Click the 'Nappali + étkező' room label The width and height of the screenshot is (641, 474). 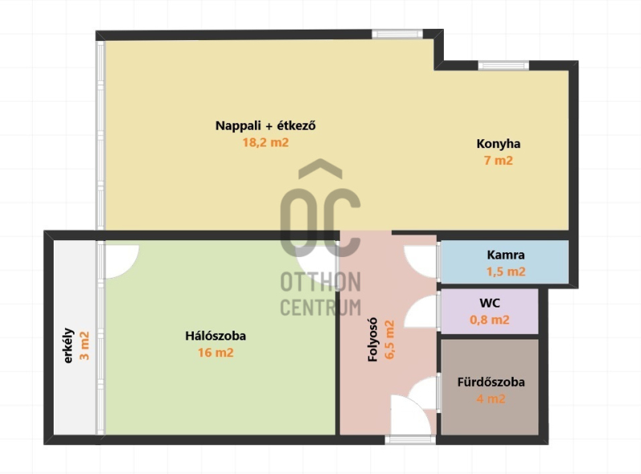[265, 126]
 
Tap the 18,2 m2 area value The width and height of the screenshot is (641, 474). [265, 143]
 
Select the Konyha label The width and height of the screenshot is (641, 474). [498, 144]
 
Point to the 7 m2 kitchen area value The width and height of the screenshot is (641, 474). [498, 161]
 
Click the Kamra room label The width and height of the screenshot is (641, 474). [506, 255]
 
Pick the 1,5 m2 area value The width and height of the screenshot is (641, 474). [506, 271]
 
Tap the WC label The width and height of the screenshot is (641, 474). [490, 303]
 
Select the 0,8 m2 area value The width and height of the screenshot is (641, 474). [490, 319]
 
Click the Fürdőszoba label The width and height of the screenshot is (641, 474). [491, 383]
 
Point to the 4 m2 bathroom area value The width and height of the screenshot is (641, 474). [491, 399]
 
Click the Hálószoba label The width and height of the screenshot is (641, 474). [216, 336]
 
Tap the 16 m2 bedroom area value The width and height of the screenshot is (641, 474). [216, 352]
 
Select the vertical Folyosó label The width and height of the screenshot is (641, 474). [373, 340]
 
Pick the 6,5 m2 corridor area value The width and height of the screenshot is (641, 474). [390, 340]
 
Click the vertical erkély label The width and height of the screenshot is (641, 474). [68, 346]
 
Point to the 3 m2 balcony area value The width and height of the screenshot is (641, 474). [84, 346]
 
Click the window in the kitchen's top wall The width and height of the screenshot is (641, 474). [503, 65]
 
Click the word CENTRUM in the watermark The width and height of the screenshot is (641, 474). [320, 307]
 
